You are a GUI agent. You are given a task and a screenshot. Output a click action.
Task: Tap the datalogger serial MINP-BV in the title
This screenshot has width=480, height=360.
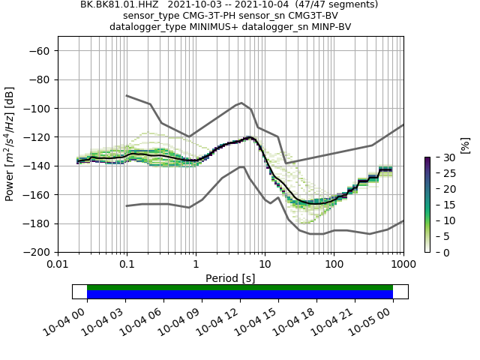tap(328, 27)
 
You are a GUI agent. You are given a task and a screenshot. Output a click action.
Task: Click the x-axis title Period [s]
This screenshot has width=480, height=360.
tap(230, 278)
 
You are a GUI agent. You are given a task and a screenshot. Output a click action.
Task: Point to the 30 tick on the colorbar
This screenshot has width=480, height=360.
tap(440, 157)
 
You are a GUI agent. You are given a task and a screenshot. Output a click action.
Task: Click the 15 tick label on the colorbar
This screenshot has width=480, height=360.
tap(440, 205)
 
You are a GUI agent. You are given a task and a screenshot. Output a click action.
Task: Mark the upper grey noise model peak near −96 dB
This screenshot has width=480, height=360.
tap(241, 103)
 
